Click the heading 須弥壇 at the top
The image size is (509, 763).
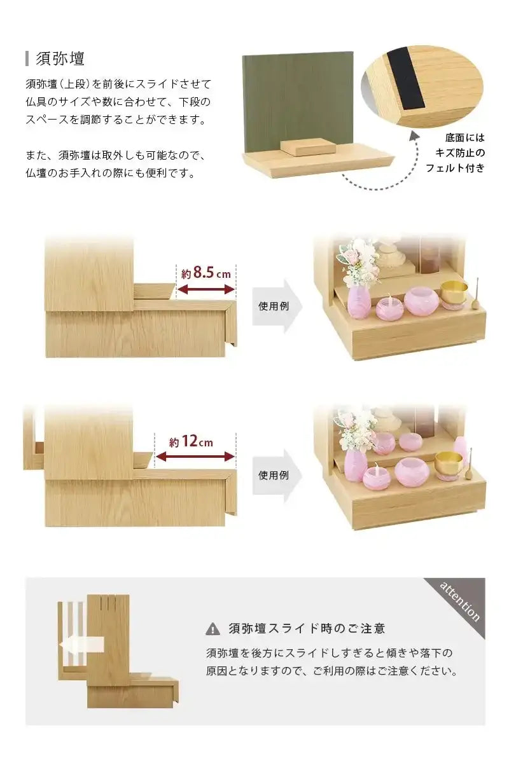[60, 58]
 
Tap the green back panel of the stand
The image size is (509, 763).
[297, 95]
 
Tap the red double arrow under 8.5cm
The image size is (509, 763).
[206, 290]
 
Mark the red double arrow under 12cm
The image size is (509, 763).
[195, 457]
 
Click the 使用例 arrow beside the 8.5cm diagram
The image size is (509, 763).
[276, 306]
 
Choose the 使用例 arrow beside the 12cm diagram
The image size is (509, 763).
[276, 475]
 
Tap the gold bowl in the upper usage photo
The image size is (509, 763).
[454, 292]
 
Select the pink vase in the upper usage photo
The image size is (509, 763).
[358, 302]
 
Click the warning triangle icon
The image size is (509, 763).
[213, 629]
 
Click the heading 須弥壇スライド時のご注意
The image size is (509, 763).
[307, 629]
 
